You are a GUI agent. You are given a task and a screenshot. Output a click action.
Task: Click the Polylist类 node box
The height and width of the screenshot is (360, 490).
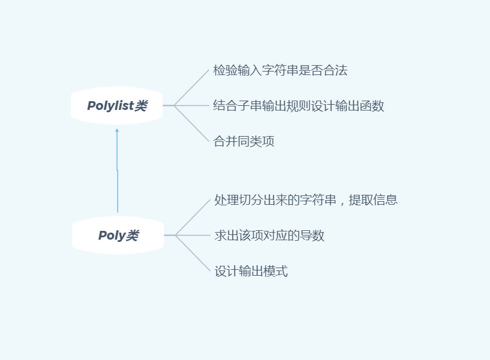[117, 106]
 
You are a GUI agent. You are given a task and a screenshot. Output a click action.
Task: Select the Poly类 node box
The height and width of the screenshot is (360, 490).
[118, 236]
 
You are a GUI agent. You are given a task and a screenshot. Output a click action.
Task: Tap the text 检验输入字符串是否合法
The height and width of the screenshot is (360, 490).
[280, 71]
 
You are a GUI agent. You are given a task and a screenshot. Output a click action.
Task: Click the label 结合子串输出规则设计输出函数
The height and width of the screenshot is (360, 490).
[299, 106]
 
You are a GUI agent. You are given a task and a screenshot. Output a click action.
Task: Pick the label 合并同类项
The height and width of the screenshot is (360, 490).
[244, 141]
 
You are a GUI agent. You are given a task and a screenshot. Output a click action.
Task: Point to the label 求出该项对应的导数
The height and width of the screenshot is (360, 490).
[269, 236]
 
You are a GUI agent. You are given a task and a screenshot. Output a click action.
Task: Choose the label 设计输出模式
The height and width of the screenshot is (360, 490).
[251, 271]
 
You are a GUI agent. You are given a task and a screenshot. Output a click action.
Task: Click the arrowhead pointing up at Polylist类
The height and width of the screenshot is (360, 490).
[117, 131]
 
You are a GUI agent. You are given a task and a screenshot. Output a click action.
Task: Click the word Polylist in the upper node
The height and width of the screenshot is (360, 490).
[110, 106]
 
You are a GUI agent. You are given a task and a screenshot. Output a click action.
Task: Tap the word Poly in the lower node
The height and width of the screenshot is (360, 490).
[112, 236]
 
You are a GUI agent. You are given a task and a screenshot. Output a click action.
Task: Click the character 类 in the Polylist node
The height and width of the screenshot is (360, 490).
[141, 106]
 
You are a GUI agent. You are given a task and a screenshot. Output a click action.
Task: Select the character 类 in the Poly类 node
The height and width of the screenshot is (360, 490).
[133, 236]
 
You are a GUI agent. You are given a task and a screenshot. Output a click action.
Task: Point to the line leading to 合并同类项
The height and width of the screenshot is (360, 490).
[192, 124]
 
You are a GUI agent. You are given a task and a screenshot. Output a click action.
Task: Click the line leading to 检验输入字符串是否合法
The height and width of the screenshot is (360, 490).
[192, 88]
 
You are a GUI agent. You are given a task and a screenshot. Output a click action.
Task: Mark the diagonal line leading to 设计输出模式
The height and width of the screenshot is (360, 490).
[193, 254]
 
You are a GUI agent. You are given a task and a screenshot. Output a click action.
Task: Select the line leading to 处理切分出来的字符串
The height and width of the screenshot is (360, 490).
[193, 218]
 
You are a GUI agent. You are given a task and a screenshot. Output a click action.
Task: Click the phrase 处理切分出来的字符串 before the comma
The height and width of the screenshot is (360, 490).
[275, 200]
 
